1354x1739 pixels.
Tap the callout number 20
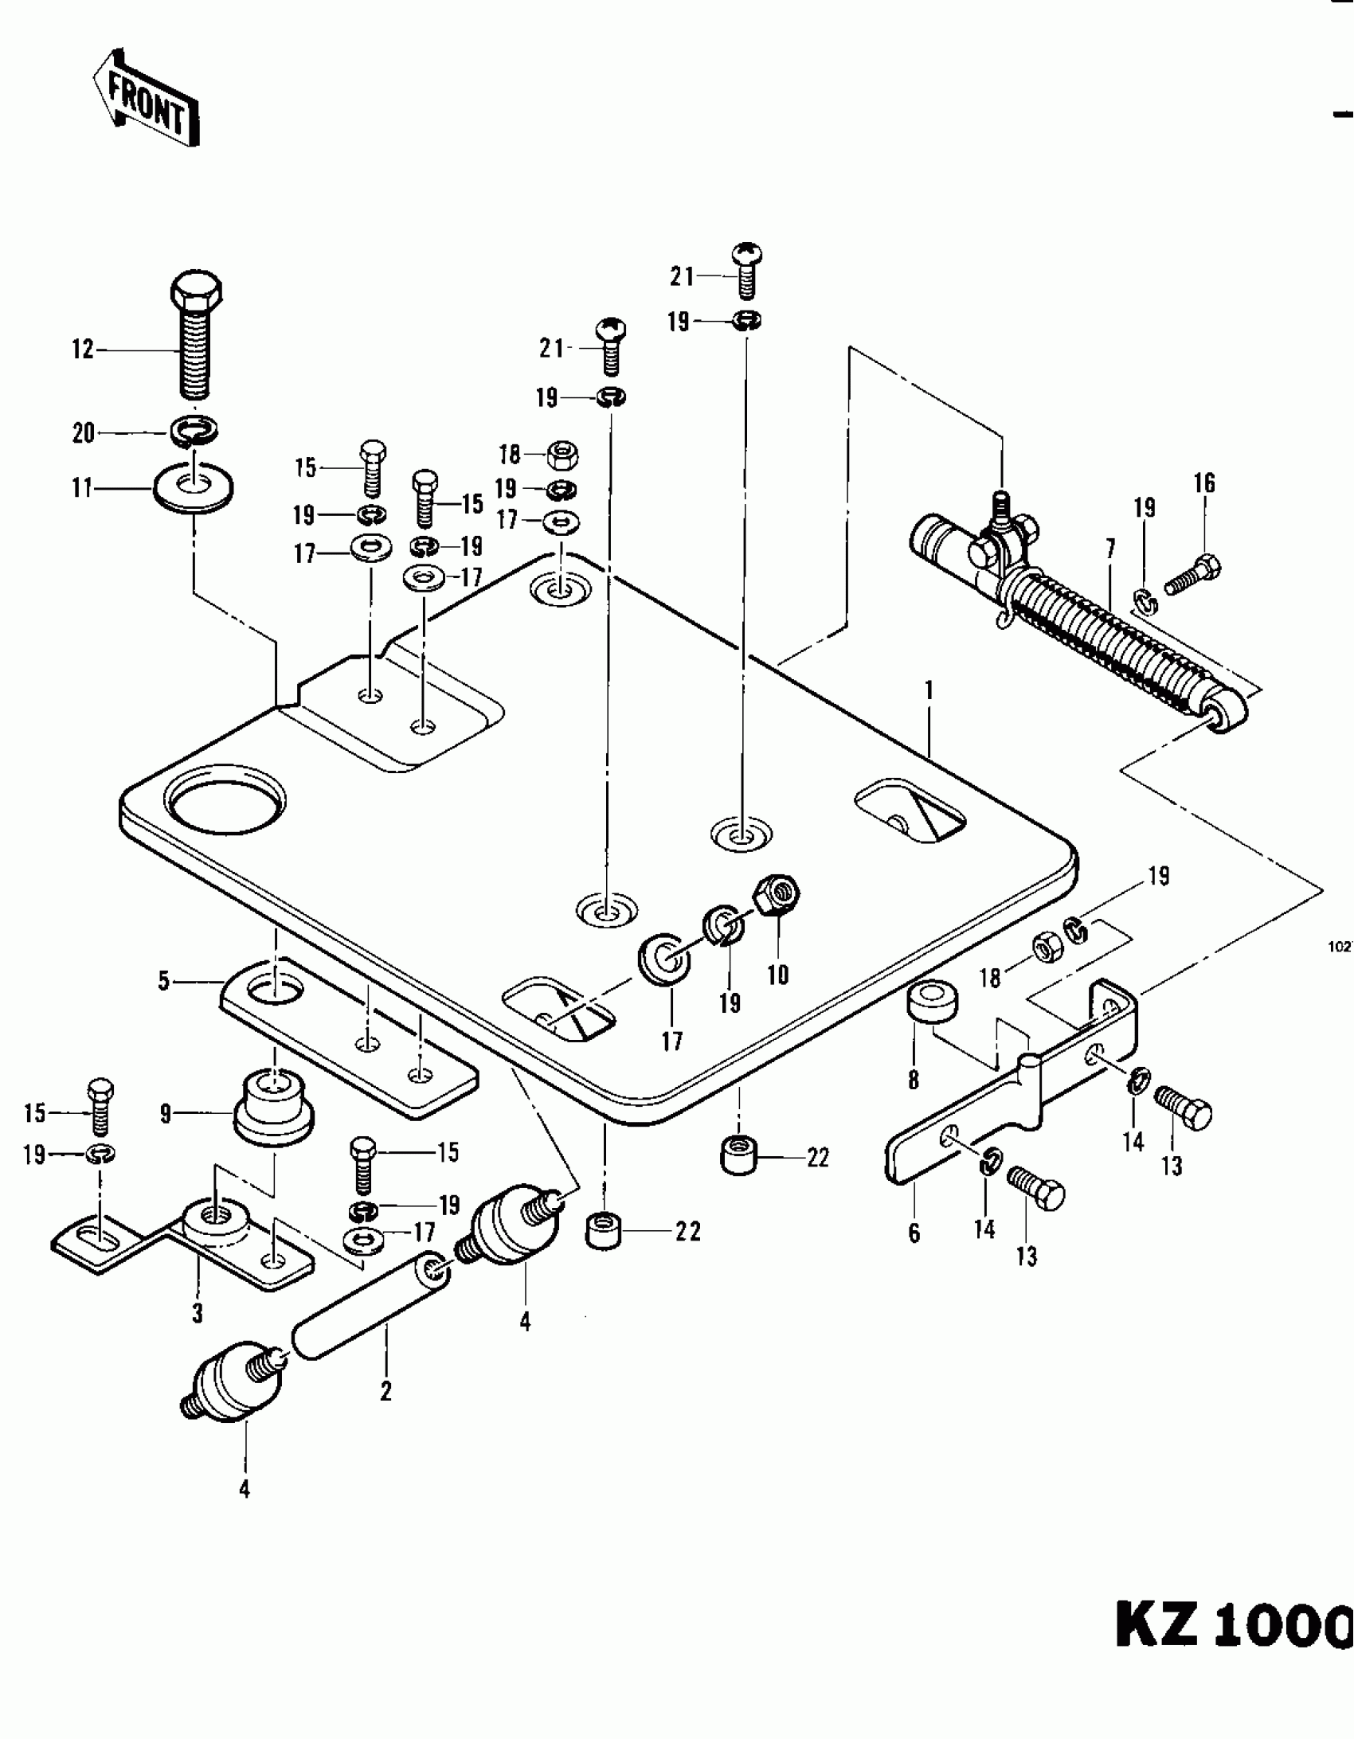point(83,434)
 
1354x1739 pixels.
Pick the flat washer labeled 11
point(193,487)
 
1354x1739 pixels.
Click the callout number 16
point(1203,483)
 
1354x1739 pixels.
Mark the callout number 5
point(164,982)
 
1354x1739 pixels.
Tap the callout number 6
point(914,1233)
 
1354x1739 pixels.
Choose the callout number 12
point(83,350)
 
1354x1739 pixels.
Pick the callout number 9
point(165,1113)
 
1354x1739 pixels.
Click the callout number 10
point(777,975)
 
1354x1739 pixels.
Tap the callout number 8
point(914,1081)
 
